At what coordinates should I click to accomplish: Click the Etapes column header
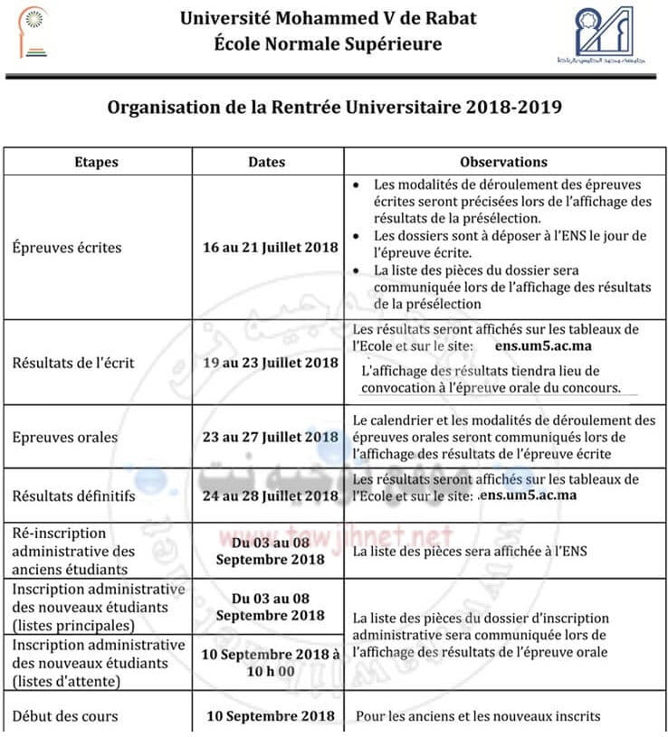(96, 163)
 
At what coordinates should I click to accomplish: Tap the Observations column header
(503, 163)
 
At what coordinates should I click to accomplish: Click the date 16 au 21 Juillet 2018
(271, 247)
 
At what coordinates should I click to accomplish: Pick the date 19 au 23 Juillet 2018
(271, 364)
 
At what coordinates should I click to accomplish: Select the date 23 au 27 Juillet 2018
(271, 438)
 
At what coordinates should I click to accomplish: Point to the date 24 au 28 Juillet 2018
(271, 496)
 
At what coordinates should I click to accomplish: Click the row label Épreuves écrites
(66, 247)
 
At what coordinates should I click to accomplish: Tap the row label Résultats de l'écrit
(73, 364)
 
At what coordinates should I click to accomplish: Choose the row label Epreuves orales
(64, 438)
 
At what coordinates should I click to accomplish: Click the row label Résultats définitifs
(73, 496)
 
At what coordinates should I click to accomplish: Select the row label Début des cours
(64, 716)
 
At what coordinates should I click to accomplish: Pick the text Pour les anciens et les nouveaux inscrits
(478, 716)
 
